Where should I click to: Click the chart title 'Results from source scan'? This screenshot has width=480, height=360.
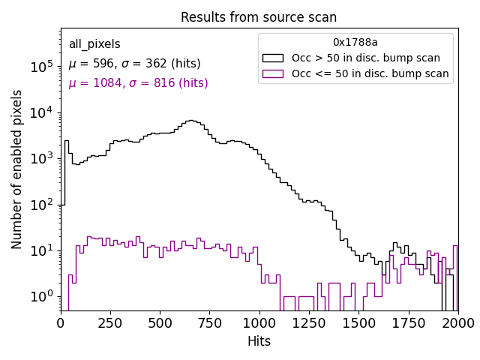[x=259, y=17]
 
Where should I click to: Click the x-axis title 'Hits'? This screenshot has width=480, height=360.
[x=259, y=341]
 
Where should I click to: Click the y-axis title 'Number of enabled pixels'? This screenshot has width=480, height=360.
[x=17, y=169]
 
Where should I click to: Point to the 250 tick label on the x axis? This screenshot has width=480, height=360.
[x=110, y=322]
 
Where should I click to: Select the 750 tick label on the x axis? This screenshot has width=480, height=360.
[x=209, y=322]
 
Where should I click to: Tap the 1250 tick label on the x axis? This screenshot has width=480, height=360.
[x=309, y=322]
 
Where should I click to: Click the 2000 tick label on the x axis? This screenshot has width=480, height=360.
[x=457, y=322]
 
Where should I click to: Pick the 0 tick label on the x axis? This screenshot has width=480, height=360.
[x=61, y=322]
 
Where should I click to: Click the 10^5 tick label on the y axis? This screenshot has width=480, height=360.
[x=40, y=67]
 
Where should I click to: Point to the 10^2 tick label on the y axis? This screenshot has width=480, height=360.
[x=40, y=204]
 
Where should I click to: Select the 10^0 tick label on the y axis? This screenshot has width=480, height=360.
[x=40, y=296]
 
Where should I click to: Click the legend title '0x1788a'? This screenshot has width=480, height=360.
[x=355, y=43]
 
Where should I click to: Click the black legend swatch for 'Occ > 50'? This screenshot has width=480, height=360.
[x=272, y=58]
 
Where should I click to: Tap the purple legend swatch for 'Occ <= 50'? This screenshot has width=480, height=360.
[x=272, y=73]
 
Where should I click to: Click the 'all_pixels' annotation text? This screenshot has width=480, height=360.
[x=94, y=44]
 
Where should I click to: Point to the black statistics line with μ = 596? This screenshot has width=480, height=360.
[x=134, y=64]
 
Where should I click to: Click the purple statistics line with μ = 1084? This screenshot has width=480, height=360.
[x=138, y=83]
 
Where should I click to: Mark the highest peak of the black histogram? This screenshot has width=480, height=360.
[x=191, y=120]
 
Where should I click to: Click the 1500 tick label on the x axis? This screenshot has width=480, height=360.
[x=358, y=322]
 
